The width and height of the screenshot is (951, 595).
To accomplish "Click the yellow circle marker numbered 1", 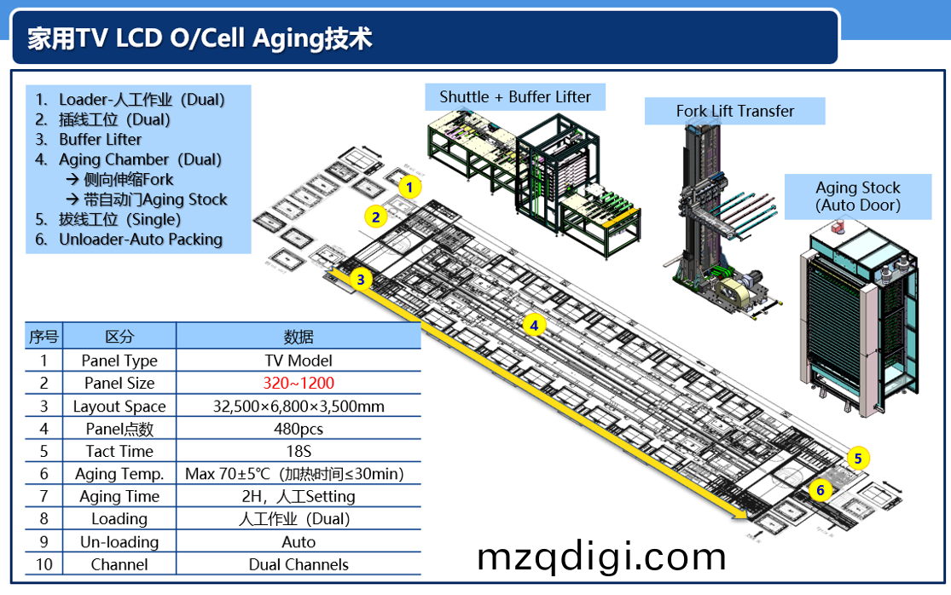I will (409, 187).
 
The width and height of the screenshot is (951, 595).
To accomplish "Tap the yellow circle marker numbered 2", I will (375, 217).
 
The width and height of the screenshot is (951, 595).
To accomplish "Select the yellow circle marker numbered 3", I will (362, 279).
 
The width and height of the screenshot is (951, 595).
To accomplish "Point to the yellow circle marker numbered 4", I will (534, 325).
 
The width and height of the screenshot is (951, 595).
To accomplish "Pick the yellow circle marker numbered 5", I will (858, 459).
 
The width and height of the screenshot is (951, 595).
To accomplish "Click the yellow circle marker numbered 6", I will (821, 490).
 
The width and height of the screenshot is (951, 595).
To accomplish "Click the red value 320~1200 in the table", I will (299, 384).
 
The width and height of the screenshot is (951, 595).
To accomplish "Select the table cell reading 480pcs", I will (299, 429).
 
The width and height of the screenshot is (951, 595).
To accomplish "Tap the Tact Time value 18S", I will (299, 451).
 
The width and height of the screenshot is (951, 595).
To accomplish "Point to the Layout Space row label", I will (119, 407).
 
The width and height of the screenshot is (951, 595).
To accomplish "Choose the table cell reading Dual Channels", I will (299, 564).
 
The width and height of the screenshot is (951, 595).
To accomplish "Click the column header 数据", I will (299, 337).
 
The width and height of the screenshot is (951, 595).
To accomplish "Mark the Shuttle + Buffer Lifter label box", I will (515, 97).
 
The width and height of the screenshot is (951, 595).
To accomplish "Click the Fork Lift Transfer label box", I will (734, 111).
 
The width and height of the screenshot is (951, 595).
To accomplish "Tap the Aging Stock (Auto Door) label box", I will (858, 196).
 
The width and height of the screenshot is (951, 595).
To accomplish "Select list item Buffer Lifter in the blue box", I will (100, 140).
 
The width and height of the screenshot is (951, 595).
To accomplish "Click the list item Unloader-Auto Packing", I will (141, 240).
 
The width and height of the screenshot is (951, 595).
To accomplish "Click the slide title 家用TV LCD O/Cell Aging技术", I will (200, 38).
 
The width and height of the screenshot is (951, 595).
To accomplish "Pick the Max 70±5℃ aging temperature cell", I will (294, 474).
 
